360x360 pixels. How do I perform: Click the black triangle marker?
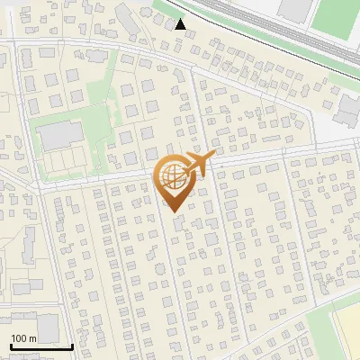(x=182, y=24)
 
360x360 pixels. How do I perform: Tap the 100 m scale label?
(x=23, y=337)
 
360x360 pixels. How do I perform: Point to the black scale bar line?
(x=41, y=346)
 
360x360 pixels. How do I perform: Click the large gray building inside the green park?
(x=58, y=136)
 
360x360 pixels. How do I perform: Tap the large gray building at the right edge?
(x=349, y=108)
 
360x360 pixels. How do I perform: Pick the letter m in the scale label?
(x=31, y=337)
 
